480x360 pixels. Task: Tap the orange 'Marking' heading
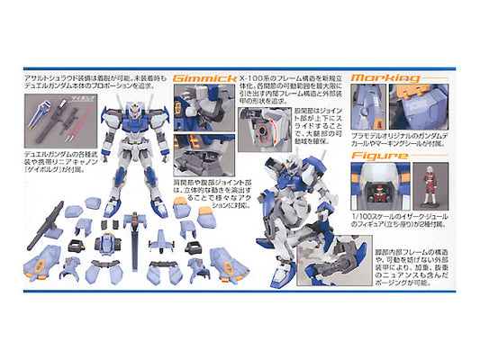coord(385,78)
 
